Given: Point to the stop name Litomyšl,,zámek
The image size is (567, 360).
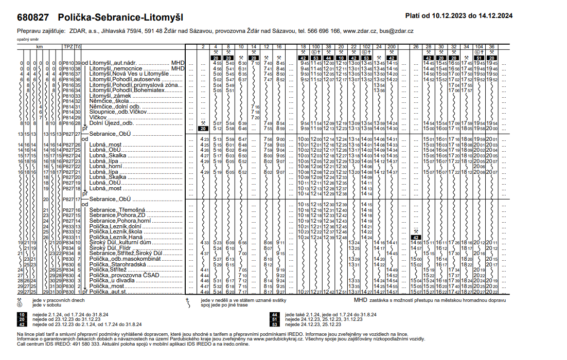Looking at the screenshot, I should tap(111, 96).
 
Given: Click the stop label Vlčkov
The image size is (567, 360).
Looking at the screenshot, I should tap(98, 117).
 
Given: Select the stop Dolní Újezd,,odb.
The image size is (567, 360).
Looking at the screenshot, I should tap(112, 123).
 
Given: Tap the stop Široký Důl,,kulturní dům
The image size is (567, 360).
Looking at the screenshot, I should tap(120, 242).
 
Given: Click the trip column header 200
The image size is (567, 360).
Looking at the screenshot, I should tap(392, 47).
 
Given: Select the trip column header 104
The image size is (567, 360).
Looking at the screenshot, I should tap(479, 47).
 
